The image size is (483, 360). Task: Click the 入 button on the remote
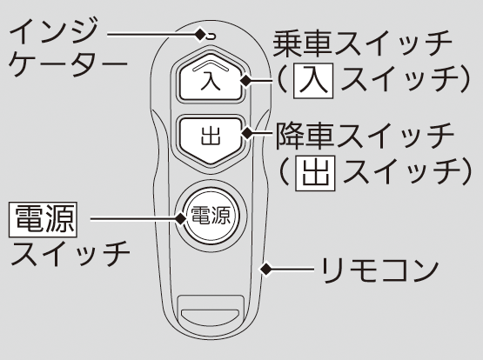[x=210, y=77]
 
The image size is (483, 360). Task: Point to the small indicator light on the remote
[x=211, y=37]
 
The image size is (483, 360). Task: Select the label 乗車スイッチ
[x=363, y=44]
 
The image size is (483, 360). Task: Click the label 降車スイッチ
[x=365, y=136]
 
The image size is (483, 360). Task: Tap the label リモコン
[x=379, y=270]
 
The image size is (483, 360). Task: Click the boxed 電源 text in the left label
[x=43, y=219]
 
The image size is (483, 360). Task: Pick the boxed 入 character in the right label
[x=313, y=81]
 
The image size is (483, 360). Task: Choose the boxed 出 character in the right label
[x=315, y=173]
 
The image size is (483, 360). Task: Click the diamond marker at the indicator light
[x=201, y=35]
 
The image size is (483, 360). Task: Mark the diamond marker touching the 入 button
[x=246, y=81]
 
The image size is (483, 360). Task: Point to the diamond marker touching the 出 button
[x=247, y=133]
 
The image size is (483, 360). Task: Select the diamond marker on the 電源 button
[x=181, y=219]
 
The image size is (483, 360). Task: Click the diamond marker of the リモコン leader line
[x=265, y=270]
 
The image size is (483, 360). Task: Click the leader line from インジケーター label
[x=151, y=35]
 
